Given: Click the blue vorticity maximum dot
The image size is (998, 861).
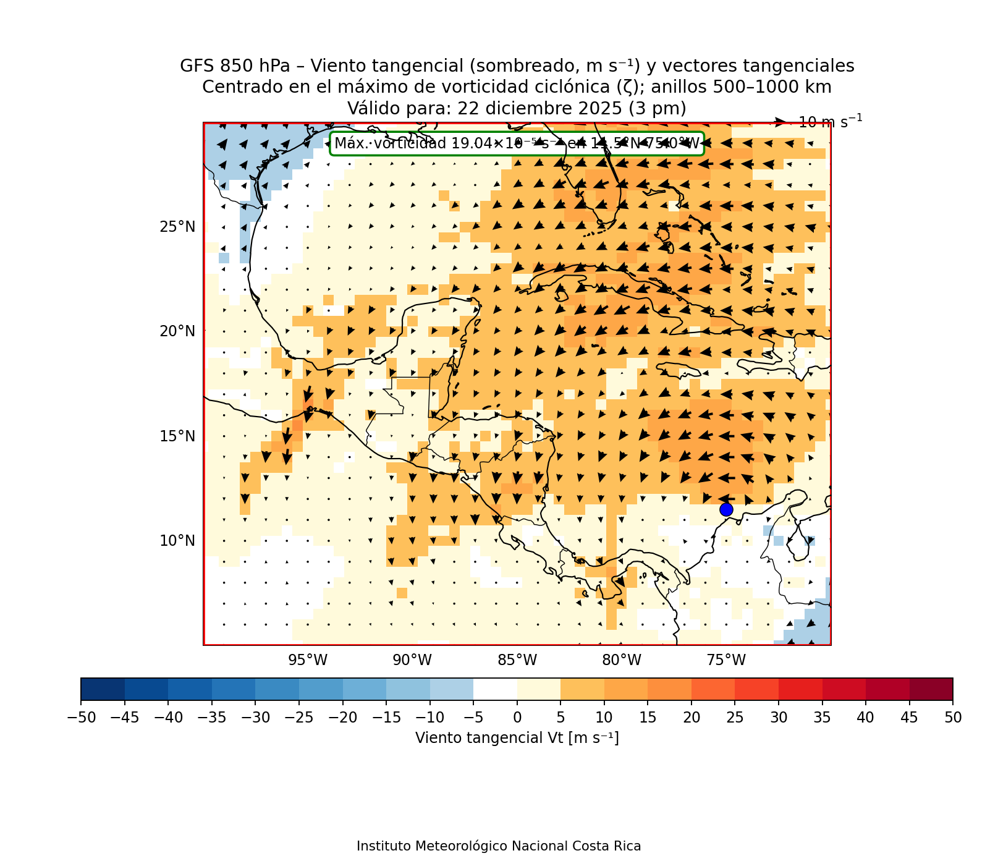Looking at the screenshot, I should coord(726,509).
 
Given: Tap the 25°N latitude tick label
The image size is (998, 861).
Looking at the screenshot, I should coord(177,227).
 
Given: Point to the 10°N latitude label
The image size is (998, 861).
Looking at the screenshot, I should coord(177,541).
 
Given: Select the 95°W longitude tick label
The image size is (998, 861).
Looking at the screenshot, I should coord(308,660).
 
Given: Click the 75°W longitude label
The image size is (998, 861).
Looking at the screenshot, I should coord(726,660).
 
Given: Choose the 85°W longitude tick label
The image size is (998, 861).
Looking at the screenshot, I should coord(517,660).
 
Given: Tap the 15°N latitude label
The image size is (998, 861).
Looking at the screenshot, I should coord(177,436).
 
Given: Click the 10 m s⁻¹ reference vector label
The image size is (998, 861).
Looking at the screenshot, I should coord(830,122).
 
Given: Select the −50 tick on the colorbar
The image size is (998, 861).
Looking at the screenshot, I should coord(80,718).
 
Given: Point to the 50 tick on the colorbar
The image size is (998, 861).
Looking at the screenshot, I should coord(952,718).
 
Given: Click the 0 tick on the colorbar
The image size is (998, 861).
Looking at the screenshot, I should coord(517,718).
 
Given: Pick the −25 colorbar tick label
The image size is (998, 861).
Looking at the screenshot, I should coord(298,718).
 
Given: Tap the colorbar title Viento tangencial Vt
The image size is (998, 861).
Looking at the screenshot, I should coord(517,738).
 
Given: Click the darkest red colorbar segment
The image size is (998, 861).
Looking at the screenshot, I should coord(931,689).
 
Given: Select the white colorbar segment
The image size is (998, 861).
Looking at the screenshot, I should coord(495,689).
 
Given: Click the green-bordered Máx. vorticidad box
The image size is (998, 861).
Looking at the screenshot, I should coord(517,143).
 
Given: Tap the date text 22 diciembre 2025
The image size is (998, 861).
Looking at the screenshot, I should coord(539,108).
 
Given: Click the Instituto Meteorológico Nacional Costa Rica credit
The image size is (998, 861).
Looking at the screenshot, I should coord(499,846).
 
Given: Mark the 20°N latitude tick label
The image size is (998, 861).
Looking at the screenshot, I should coord(177,331).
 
